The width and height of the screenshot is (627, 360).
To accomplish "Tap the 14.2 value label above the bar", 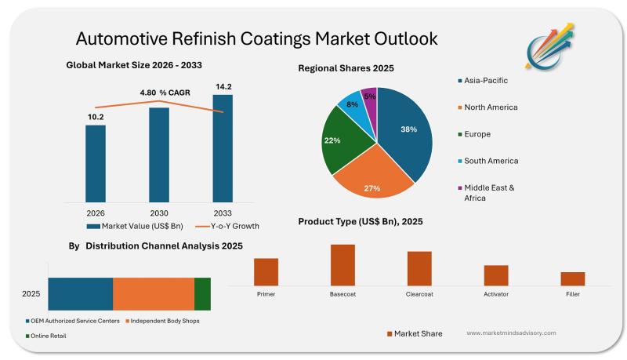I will (x=223, y=86).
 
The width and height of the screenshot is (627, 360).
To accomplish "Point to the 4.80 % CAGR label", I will (x=165, y=93).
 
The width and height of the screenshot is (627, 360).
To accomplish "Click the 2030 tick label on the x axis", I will (x=159, y=213).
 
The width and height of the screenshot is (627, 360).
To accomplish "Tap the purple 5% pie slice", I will (x=370, y=97).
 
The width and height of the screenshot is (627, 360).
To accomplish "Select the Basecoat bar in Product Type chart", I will (x=342, y=264).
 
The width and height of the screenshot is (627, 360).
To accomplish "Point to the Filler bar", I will (x=573, y=278).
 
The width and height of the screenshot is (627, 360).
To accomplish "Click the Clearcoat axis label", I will (x=419, y=294).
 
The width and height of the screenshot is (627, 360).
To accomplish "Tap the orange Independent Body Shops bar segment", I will (x=154, y=293).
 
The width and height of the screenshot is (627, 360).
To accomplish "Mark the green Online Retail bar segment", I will (x=202, y=293).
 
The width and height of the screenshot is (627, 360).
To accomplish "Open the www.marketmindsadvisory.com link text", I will (x=511, y=333).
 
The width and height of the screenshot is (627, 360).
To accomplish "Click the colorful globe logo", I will (x=548, y=47).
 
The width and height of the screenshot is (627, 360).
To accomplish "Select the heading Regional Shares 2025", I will (x=346, y=68).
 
